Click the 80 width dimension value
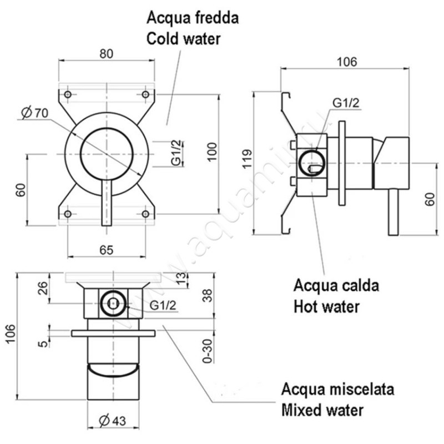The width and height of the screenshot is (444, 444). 107,54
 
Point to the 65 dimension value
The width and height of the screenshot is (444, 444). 107,249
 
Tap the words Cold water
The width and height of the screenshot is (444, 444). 183,39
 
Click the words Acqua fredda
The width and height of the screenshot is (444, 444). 193,18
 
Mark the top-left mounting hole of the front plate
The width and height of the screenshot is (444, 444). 68,94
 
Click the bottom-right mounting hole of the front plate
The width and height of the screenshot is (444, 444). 145,214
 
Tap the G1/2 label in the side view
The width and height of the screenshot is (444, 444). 346,103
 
